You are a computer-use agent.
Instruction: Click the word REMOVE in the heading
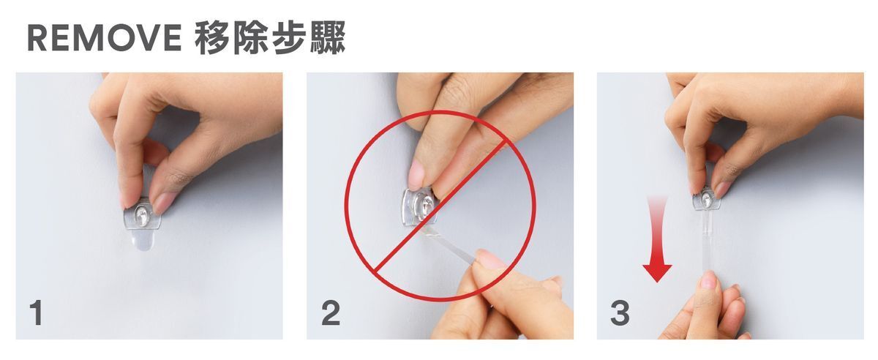[x=104, y=37]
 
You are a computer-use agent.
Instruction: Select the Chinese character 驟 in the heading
[x=328, y=38]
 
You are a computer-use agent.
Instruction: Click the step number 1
[x=37, y=313]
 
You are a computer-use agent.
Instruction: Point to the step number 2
[x=331, y=313]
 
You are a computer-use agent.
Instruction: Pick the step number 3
[x=620, y=313]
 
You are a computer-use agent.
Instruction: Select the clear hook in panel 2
[x=420, y=208]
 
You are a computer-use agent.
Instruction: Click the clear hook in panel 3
[x=707, y=199]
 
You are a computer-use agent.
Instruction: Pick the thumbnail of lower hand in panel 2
[x=489, y=259]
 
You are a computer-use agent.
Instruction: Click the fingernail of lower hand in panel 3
[x=707, y=281]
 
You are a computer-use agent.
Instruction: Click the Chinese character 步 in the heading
[x=289, y=38]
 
